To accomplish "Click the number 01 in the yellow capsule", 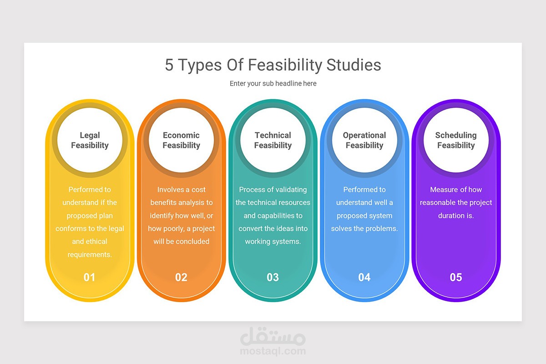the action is pos(89,277).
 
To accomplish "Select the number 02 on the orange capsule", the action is pos(181,277).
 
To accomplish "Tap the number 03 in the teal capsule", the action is pos(273,277).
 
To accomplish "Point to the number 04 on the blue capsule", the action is pos(364,277).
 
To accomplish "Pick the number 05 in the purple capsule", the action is pos(456,277).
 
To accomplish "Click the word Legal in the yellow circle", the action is pos(90,135).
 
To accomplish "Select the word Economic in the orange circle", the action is pos(181,135).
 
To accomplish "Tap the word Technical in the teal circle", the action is pos(273,135).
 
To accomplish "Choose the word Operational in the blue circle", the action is pos(364,135).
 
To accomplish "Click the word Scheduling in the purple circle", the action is pos(456,135).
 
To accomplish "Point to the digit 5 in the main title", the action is pos(169,65).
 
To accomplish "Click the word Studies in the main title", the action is pos(354,65).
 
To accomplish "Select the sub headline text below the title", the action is pos(273,83).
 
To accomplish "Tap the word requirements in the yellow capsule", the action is pos(90,255).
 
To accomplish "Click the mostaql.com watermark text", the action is pos(273,351).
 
